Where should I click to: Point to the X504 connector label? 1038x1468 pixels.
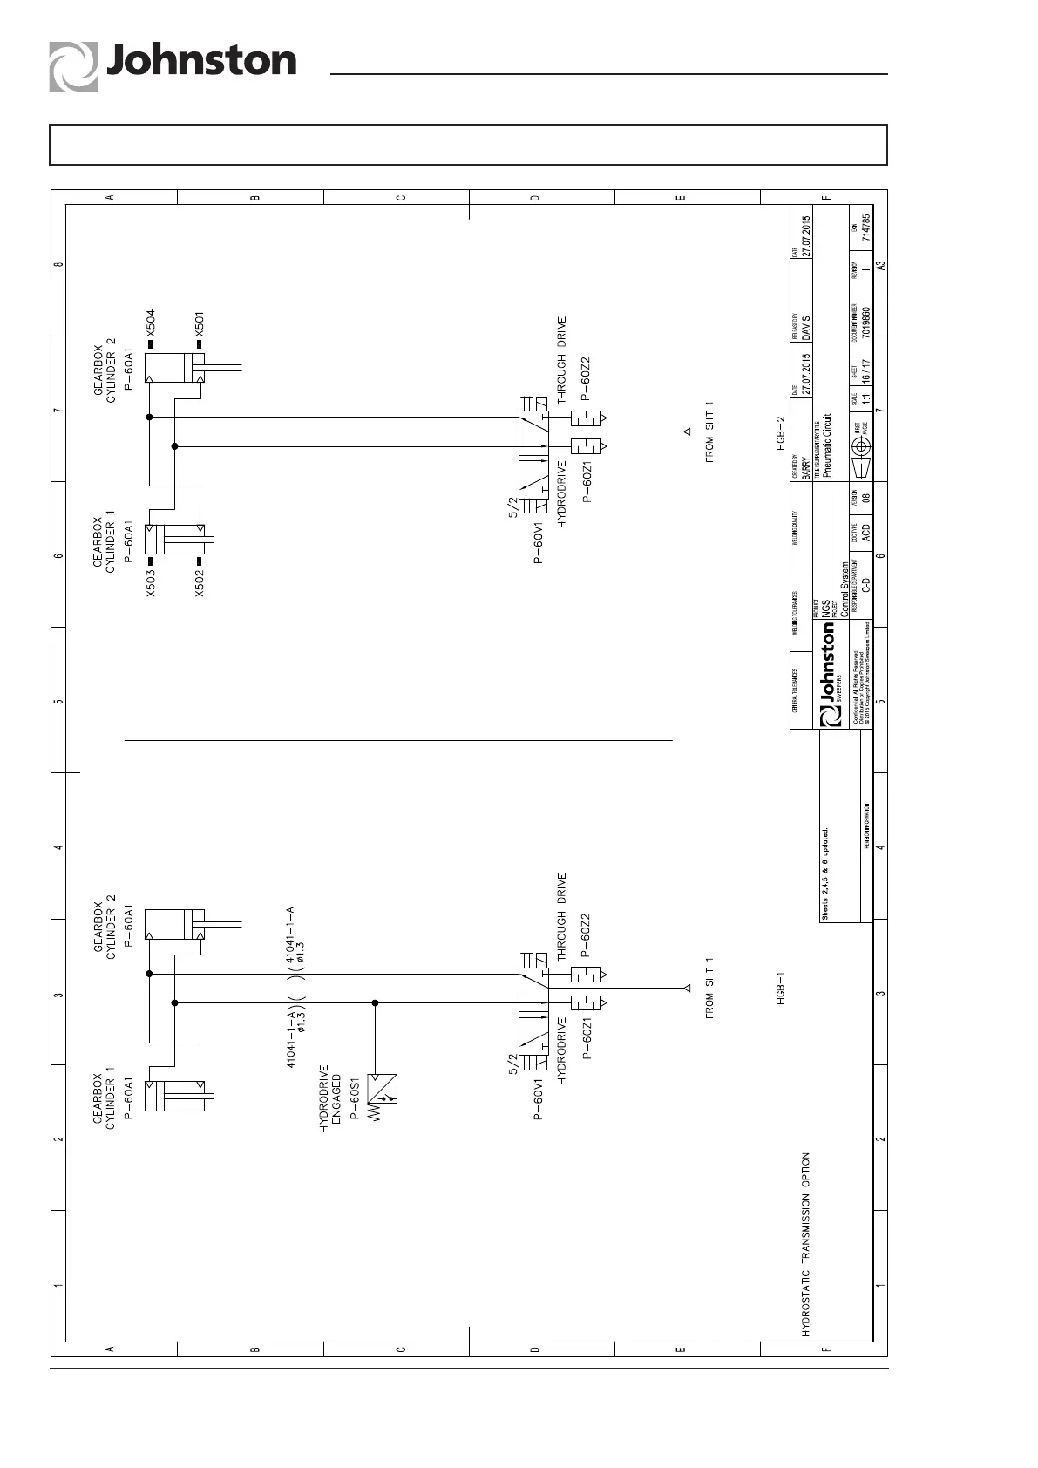(x=150, y=324)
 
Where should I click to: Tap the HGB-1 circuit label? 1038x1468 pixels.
(x=782, y=988)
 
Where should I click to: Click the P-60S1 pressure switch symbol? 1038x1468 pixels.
(x=382, y=1089)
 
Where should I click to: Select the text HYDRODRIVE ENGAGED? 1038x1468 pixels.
(x=329, y=1098)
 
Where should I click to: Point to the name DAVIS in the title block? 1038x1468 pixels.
(x=806, y=326)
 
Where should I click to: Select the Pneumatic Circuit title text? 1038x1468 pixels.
(x=826, y=443)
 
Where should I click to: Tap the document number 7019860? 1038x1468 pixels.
(x=865, y=320)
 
